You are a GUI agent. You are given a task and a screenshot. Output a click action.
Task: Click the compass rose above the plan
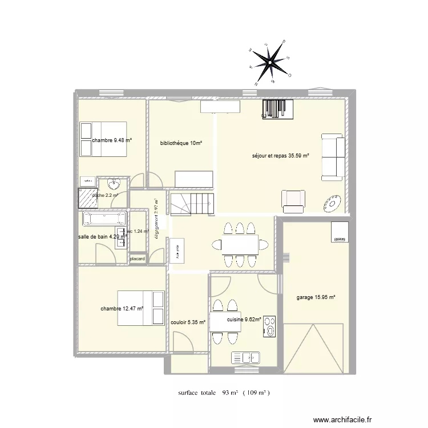point(271,60)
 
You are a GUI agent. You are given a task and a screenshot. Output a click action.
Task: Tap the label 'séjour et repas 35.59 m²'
point(281,155)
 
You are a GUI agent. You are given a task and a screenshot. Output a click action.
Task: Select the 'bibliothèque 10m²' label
point(181,143)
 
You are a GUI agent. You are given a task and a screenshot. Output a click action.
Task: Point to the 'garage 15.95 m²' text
point(316,297)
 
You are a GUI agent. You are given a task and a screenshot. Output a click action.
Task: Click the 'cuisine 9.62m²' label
point(244,320)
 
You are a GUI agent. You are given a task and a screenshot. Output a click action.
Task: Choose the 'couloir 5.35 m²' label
point(188,322)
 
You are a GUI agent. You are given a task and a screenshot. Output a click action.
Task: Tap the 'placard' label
point(138,259)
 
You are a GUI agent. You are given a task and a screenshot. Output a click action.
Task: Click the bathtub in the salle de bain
point(104,219)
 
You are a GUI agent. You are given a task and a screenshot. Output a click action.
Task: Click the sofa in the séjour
point(333,157)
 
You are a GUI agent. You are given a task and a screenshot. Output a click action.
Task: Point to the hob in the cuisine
point(269,327)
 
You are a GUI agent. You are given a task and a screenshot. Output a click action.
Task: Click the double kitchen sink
point(246,358)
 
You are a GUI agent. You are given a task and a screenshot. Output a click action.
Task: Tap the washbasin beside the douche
point(114,184)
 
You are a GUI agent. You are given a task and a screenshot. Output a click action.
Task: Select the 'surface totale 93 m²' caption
point(223,393)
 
